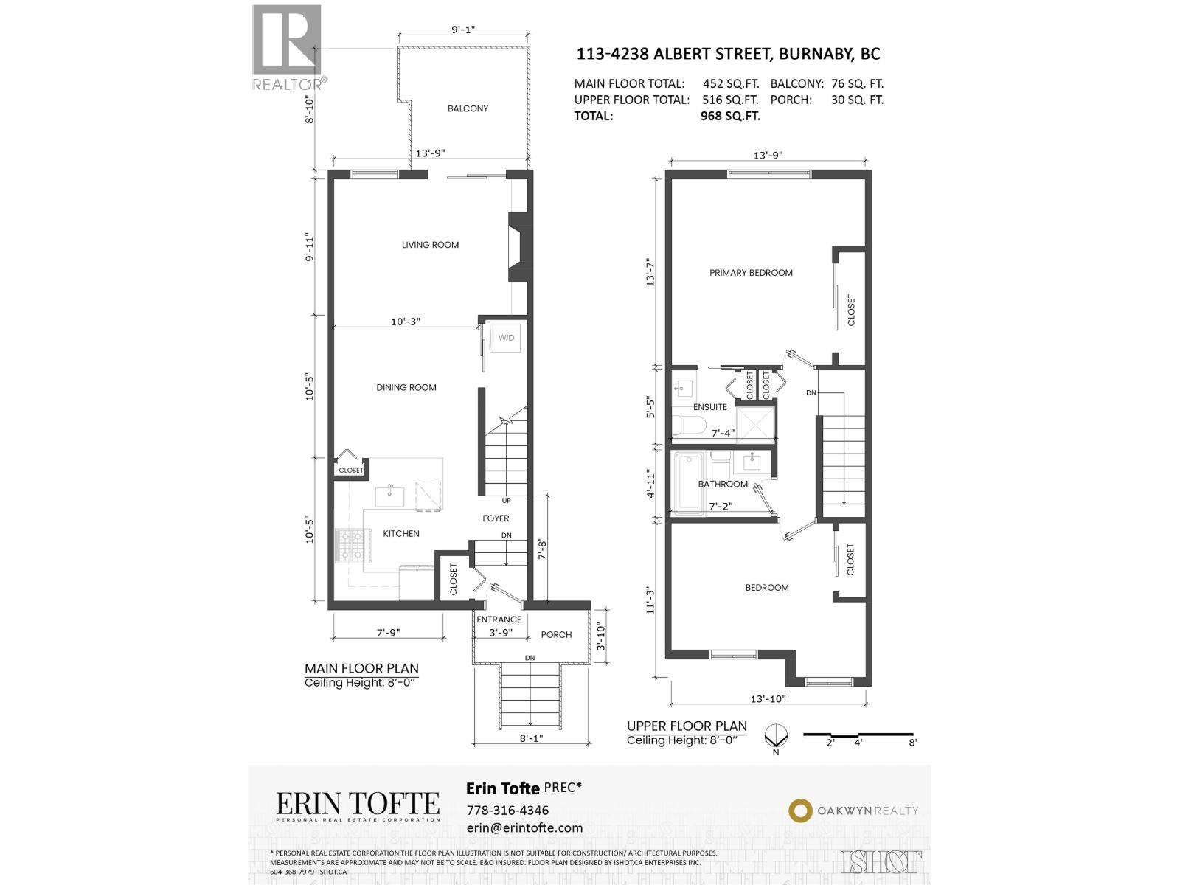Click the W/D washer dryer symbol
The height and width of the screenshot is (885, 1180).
[506, 338]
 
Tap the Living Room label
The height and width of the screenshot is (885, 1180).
[430, 245]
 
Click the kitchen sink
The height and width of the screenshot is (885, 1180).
[389, 496]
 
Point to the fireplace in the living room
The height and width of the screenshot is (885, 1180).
[518, 247]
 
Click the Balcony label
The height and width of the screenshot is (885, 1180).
[468, 108]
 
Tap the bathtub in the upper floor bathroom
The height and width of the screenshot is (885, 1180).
[689, 483]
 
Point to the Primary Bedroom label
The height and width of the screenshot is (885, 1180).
[751, 273]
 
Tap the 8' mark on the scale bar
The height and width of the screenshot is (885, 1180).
[912, 743]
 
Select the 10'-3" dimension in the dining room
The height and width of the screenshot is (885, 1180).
[405, 322]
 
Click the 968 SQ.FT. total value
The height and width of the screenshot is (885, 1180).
[729, 116]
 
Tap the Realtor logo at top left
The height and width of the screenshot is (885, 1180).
[288, 46]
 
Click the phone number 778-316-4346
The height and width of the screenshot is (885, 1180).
[507, 810]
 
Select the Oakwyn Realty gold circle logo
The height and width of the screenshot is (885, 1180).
[799, 811]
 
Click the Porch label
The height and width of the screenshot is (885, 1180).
[556, 634]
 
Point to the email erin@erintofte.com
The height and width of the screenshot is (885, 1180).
[524, 827]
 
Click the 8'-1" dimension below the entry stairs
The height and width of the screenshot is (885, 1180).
[531, 737]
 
